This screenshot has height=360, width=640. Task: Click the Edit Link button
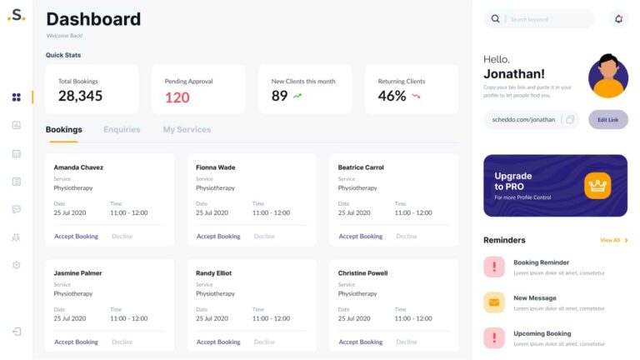[x=607, y=119]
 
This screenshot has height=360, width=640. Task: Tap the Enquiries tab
[x=122, y=129]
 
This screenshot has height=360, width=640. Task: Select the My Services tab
[x=187, y=129]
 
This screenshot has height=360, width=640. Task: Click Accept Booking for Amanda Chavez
[x=76, y=237]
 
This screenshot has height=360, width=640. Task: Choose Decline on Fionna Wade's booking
[x=264, y=237]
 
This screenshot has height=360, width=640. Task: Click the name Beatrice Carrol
[x=361, y=167]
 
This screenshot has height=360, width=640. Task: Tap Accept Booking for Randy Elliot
[x=218, y=342]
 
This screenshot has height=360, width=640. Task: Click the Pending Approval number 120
[x=177, y=97]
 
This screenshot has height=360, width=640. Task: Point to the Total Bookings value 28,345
[x=80, y=96]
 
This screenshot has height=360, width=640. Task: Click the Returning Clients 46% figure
[x=392, y=96]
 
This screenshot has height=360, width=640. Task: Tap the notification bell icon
[x=617, y=18]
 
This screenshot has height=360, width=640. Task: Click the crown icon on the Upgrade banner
[x=597, y=185]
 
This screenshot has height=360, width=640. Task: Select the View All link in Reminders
[x=610, y=240]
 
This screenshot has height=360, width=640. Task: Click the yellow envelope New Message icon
[x=494, y=302]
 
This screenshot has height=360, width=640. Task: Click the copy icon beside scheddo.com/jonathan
[x=570, y=119]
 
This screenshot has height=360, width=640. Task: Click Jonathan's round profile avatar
[x=608, y=77]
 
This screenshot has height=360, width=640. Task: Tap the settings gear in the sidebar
[x=16, y=265]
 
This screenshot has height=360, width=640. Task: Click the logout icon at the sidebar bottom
[x=16, y=332]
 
